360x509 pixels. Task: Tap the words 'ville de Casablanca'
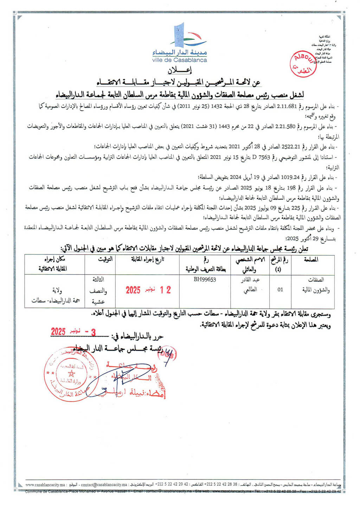pyautogui.click(x=180, y=60)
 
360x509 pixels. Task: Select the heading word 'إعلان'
pyautogui.click(x=180, y=70)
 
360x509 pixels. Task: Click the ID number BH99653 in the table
pyautogui.click(x=205, y=280)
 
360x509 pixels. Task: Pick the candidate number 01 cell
pyautogui.click(x=280, y=290)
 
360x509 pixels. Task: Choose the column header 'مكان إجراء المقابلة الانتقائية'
pyautogui.click(x=54, y=264)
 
